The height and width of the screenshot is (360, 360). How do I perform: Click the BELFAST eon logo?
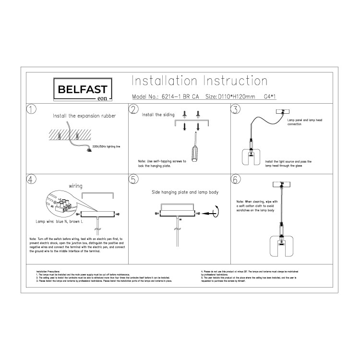pos(82,90)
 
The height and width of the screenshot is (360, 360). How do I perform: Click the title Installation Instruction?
pos(199,80)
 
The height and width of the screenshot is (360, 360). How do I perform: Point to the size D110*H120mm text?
pos(237,96)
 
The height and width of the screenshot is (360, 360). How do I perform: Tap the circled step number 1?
pos(32,109)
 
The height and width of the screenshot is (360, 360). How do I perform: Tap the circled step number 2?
pos(133,109)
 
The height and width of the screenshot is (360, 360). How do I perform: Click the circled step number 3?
pos(235,109)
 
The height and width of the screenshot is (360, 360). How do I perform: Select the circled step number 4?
pos(32,180)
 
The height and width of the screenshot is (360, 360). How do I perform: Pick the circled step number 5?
pos(133,180)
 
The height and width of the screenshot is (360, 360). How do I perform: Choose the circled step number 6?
pos(235,180)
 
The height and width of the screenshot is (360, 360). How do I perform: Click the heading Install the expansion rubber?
pos(84,116)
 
